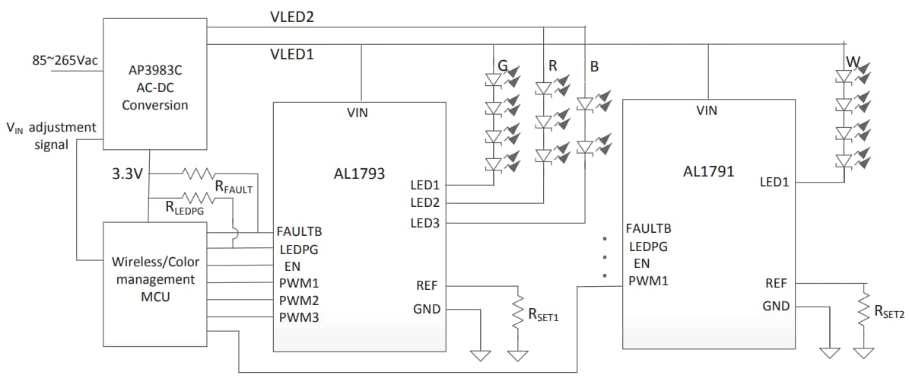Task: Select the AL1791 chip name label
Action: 708,171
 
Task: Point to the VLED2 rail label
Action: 292,17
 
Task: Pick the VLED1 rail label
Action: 292,55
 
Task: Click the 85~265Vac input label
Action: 65,60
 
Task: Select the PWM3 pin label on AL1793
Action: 297,317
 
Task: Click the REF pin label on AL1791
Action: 776,283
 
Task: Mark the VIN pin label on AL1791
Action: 707,111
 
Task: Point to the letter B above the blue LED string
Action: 594,67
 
